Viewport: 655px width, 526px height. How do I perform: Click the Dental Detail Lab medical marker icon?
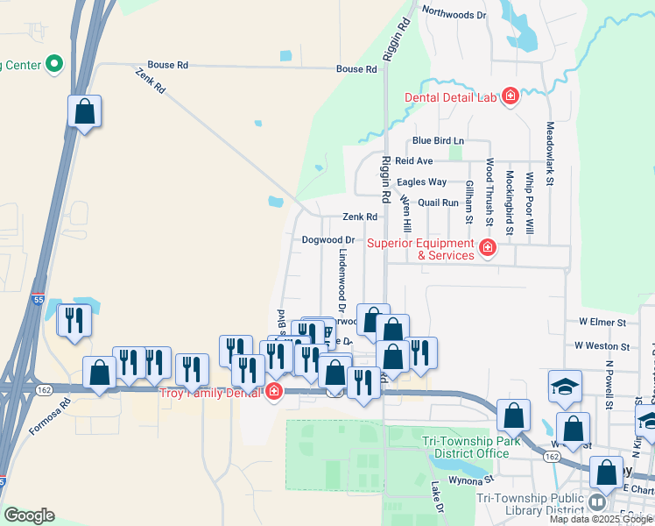510,96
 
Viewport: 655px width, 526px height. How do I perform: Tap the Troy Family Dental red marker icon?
274,392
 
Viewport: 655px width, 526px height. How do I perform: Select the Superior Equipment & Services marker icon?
489,249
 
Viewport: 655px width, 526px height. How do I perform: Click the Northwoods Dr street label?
454,14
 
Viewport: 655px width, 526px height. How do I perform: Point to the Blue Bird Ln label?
438,140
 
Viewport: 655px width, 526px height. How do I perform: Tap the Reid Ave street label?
414,161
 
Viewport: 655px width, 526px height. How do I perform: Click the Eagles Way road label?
422,182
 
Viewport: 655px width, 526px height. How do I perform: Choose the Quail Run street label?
439,203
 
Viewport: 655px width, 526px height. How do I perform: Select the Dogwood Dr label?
327,239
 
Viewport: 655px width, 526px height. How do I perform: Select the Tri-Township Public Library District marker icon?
596,502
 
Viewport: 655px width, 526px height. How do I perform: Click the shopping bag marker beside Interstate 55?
84,112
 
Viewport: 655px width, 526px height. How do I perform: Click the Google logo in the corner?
28,515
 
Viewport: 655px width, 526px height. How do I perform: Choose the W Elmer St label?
602,323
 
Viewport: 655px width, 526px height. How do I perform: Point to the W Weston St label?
602,346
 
